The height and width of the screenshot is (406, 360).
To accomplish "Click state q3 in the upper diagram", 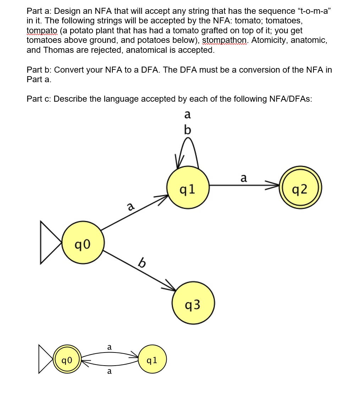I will [193, 303].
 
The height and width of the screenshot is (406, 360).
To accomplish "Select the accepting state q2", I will [301, 189].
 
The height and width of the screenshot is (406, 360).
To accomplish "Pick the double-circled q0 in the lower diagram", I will [67, 360].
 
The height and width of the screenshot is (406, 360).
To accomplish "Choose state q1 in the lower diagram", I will [152, 360].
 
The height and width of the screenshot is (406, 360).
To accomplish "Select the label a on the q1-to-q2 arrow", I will [243, 177].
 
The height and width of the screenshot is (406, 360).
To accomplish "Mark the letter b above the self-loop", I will [188, 130].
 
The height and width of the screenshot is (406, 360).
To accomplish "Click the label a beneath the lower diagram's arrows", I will [109, 371].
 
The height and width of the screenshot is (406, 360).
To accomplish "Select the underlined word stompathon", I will [225, 40].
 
